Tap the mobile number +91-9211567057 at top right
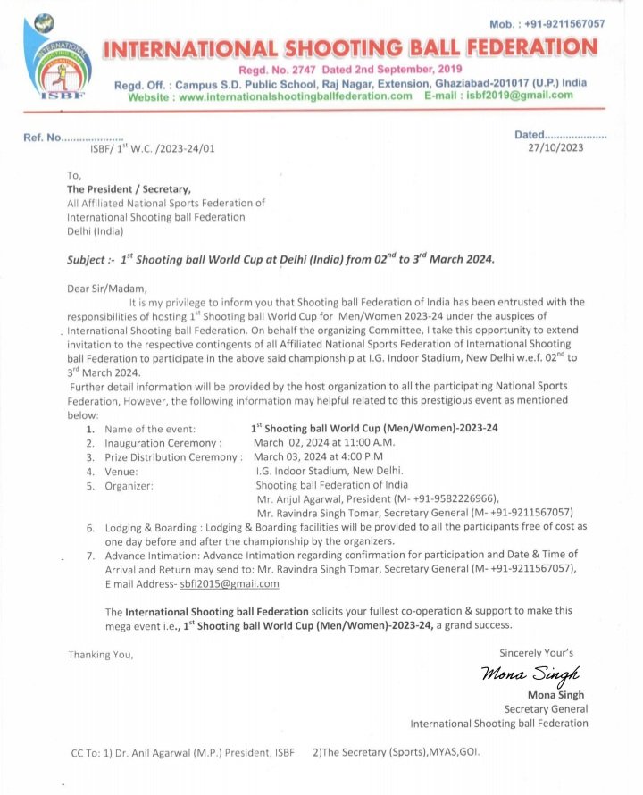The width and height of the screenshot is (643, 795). pos(547,24)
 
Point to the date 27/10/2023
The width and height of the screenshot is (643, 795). pos(556,147)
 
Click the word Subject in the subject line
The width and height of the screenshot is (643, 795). pos(89,260)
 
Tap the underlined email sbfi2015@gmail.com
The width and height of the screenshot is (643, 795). pos(230,583)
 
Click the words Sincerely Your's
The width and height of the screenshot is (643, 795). pos(536,652)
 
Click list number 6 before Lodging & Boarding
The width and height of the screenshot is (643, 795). pos(91,528)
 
